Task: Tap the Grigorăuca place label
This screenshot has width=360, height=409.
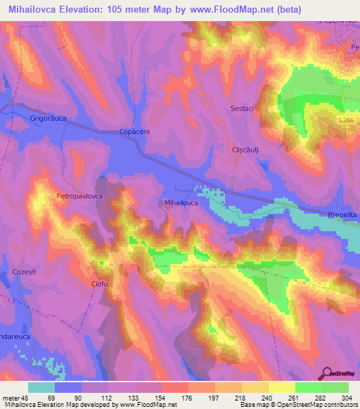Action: click(x=48, y=119)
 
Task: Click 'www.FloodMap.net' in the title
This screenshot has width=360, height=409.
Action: click(x=233, y=9)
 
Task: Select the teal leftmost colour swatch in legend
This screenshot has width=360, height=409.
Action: click(x=41, y=387)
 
